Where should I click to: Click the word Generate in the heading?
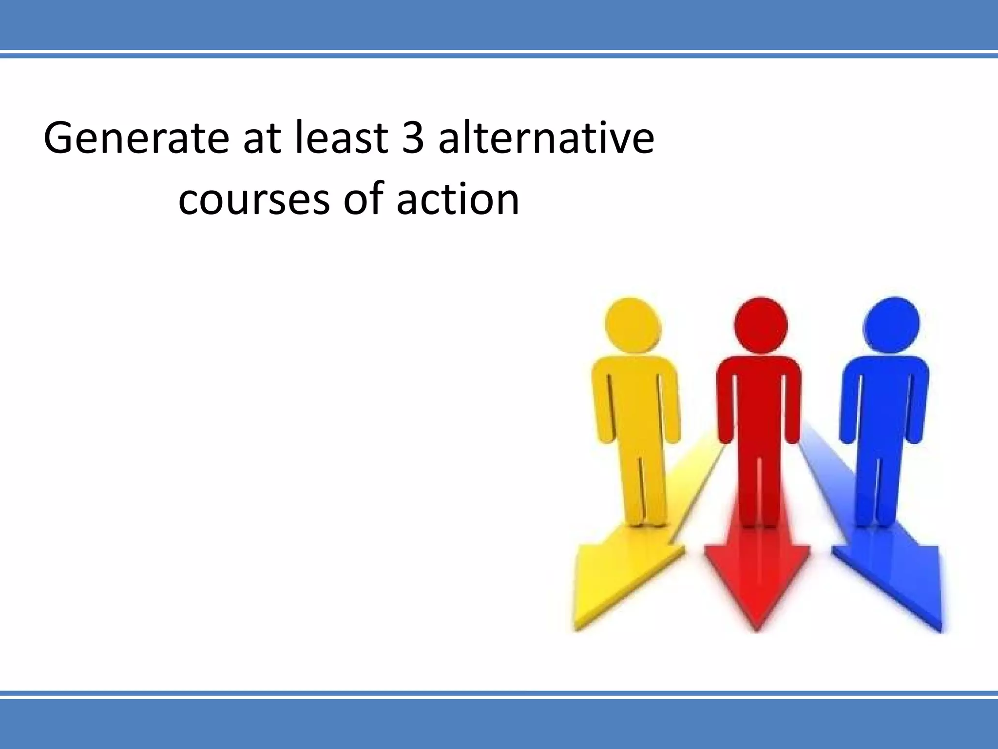(136, 139)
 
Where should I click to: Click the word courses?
(254, 199)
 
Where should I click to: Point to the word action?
(458, 199)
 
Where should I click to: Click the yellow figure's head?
(633, 324)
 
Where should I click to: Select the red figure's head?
(760, 324)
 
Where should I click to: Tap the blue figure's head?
(891, 324)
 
